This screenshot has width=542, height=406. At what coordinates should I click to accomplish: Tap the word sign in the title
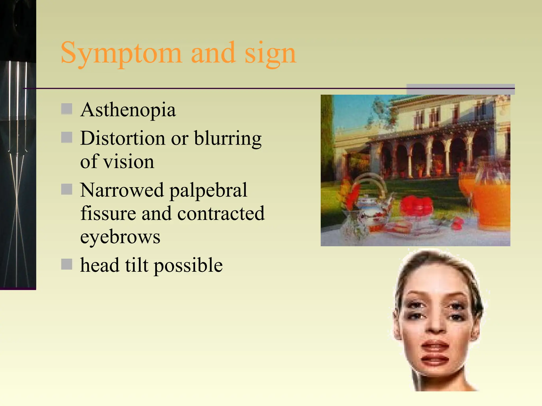pos(270,53)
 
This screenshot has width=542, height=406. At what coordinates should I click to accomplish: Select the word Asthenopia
pos(128,110)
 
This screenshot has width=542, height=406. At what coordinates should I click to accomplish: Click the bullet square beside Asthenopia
pos(67,109)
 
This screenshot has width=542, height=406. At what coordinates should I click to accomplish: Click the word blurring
pos(228,139)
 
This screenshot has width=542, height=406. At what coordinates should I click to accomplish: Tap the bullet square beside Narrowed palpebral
pos(67,189)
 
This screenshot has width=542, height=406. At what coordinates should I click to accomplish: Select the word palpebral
pos(208,190)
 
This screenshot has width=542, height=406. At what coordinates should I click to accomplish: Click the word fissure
pos(108,213)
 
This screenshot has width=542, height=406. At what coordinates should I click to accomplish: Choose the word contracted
pos(221,213)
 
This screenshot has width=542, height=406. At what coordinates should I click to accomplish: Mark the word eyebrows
pos(120,237)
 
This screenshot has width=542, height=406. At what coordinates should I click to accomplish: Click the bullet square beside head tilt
pos(67,264)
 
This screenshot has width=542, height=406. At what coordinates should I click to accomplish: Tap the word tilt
pos(137,265)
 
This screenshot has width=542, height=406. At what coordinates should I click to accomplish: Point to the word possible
pos(188,265)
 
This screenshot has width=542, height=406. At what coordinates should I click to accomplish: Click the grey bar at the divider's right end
pos(460,89)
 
